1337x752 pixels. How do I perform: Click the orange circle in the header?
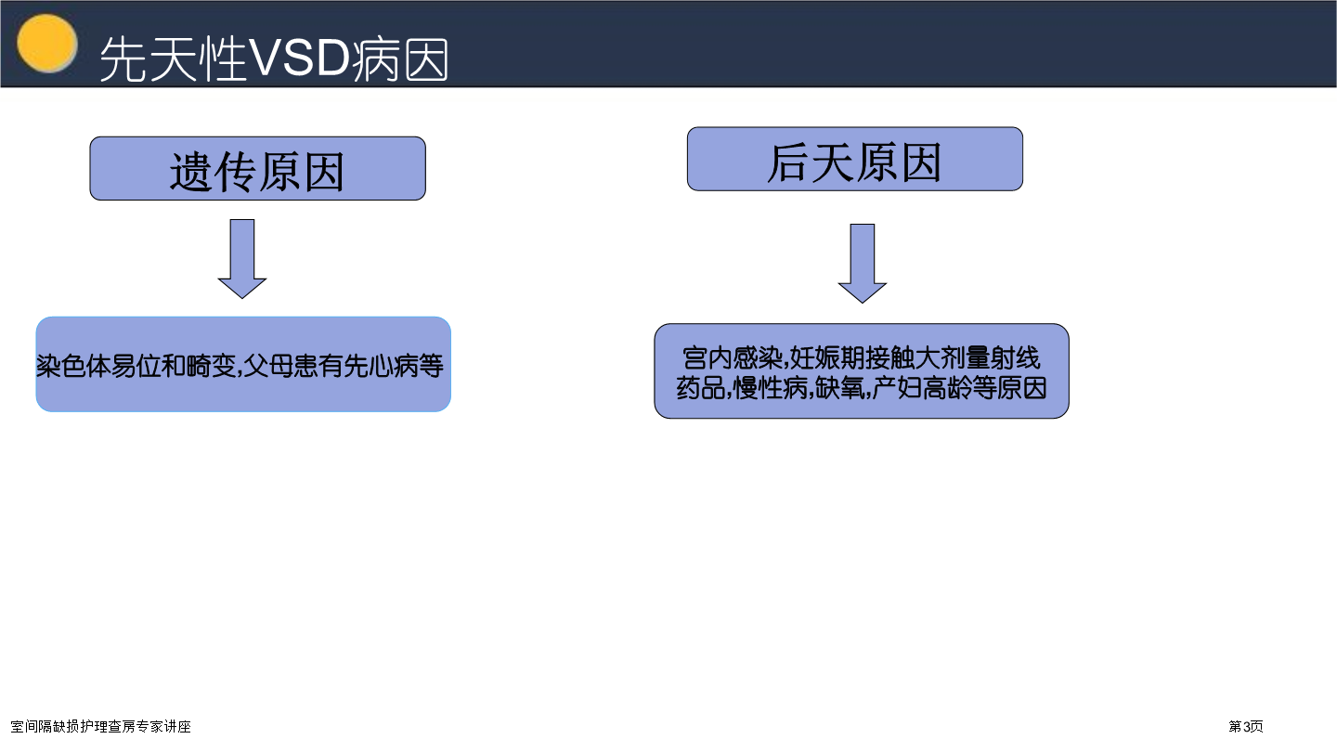pos(47,43)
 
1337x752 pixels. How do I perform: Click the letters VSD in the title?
pos(300,58)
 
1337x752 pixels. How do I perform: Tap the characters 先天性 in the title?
pos(173,58)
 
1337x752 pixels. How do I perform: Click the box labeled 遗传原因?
pos(257,168)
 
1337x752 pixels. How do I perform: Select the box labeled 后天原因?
pos(855,159)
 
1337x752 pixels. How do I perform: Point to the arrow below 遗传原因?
pos(241,258)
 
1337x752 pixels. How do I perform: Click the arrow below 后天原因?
pos(862,264)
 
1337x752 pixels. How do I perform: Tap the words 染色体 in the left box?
pos(73,366)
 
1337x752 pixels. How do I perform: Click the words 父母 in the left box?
pos(268,366)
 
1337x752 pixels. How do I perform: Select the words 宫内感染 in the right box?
pos(732,358)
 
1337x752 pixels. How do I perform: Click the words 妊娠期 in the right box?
pos(826,358)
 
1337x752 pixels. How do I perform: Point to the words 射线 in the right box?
pos(1015,358)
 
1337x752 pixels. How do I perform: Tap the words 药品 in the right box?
pos(701,388)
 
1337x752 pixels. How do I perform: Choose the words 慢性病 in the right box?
pos(771,388)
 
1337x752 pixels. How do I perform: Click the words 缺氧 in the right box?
pos(839,388)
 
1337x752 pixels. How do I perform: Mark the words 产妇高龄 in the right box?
pos(922,388)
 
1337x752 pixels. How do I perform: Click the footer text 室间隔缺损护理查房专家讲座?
pos(101,726)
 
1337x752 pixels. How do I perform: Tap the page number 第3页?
pos(1246,726)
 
